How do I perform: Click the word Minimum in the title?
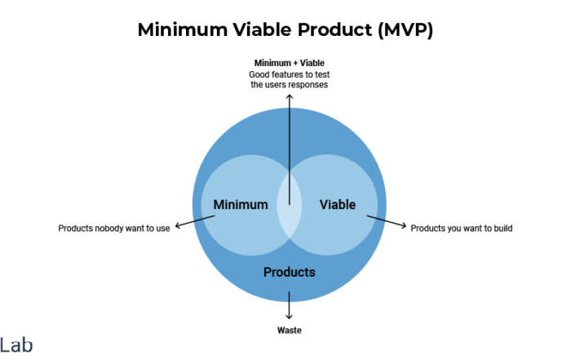[x=183, y=29]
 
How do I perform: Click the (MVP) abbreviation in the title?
[x=405, y=30]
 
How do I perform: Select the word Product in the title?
[x=335, y=29]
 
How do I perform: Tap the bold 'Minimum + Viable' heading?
[x=289, y=63]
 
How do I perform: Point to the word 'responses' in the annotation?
[x=309, y=85]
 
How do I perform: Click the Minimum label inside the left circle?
[x=241, y=205]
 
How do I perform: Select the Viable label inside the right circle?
[x=338, y=205]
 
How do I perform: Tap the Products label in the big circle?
[x=289, y=272]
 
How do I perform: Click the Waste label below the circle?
[x=289, y=331]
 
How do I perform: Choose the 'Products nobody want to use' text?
[x=114, y=229]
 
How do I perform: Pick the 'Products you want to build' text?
[x=462, y=229]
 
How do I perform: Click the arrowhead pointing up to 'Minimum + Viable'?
[x=289, y=96]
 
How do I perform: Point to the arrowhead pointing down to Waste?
[x=289, y=317]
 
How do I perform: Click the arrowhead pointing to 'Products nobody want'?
[x=178, y=226]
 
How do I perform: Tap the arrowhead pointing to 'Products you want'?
[x=404, y=225]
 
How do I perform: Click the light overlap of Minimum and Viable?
[x=290, y=205]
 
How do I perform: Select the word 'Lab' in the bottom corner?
[x=16, y=345]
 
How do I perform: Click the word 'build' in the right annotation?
[x=503, y=229]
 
